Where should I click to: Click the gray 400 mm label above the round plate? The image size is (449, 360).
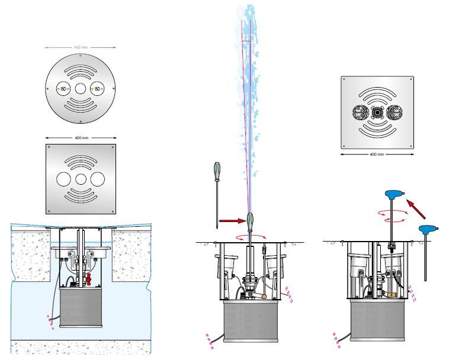click(x=81, y=47)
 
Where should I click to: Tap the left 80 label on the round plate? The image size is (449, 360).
click(x=63, y=89)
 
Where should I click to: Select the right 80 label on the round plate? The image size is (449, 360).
click(x=97, y=89)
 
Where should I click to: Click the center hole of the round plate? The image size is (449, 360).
click(x=81, y=89)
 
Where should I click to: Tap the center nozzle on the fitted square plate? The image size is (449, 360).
click(x=377, y=111)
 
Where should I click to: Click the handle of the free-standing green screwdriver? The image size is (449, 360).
click(x=216, y=172)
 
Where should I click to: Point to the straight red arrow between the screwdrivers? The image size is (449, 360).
click(x=231, y=221)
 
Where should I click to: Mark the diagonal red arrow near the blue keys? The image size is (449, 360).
click(x=419, y=210)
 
